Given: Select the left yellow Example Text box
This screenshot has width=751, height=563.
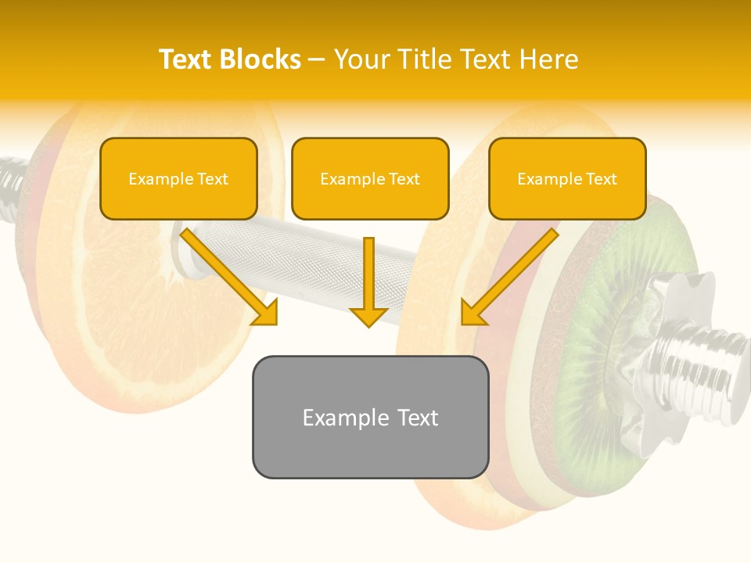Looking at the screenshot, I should (178, 179).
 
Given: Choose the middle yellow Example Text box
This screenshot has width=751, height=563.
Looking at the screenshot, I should (370, 179).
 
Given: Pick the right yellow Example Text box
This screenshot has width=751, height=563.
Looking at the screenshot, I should (567, 179).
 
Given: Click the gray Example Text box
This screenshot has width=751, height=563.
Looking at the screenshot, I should (370, 417).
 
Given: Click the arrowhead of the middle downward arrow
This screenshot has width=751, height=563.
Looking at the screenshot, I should (368, 316).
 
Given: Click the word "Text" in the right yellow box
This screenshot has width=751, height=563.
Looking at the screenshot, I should (602, 179).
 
